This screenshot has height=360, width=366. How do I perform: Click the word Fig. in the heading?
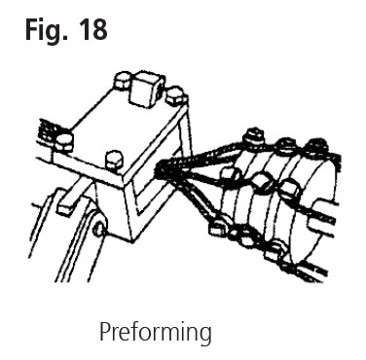pyautogui.click(x=47, y=31)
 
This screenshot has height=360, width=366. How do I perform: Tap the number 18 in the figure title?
pyautogui.click(x=92, y=29)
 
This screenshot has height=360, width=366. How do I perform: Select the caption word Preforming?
pyautogui.click(x=156, y=333)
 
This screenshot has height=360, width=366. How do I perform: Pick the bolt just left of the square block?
pyautogui.click(x=123, y=81)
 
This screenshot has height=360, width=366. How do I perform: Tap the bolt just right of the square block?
pyautogui.click(x=176, y=95)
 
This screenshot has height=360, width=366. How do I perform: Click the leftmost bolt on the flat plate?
pyautogui.click(x=63, y=142)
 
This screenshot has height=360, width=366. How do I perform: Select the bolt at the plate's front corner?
pyautogui.click(x=114, y=160)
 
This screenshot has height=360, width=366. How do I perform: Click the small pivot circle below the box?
pyautogui.click(x=99, y=230)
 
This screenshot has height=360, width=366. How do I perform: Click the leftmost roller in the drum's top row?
pyautogui.click(x=254, y=137)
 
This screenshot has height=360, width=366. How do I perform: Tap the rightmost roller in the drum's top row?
pyautogui.click(x=317, y=146)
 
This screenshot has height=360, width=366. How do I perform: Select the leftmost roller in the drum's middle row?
pyautogui.click(x=230, y=175)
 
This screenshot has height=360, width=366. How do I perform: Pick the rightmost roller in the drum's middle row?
pyautogui.click(x=289, y=190)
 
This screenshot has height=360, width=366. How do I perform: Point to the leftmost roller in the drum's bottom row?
pyautogui.click(x=217, y=228)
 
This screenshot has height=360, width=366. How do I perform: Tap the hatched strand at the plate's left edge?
pyautogui.click(x=47, y=132)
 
